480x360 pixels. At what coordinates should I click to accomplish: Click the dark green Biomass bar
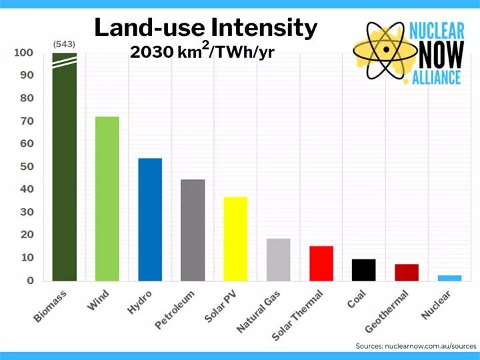click(x=65, y=167)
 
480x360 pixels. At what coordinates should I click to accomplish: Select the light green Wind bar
click(x=107, y=199)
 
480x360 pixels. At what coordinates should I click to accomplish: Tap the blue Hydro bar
click(x=150, y=219)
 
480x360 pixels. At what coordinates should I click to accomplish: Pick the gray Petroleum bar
click(x=193, y=230)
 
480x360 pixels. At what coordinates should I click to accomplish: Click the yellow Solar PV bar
click(x=235, y=239)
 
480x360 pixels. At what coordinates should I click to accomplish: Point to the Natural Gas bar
click(x=278, y=259)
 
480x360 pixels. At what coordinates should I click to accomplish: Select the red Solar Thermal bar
click(x=321, y=263)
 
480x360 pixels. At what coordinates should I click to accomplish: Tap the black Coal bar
click(x=364, y=270)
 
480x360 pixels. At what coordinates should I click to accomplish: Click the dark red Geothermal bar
click(x=407, y=273)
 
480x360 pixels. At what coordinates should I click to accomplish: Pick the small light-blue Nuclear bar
click(x=449, y=278)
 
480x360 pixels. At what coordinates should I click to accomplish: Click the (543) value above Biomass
click(x=65, y=45)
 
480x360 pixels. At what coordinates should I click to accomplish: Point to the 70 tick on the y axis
click(x=25, y=121)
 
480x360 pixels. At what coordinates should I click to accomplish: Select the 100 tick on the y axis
click(x=23, y=53)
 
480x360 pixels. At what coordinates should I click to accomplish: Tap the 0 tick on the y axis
click(x=29, y=281)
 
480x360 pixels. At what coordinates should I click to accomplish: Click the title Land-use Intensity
click(x=205, y=27)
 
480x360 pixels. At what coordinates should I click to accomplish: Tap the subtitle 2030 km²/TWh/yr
click(x=202, y=51)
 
